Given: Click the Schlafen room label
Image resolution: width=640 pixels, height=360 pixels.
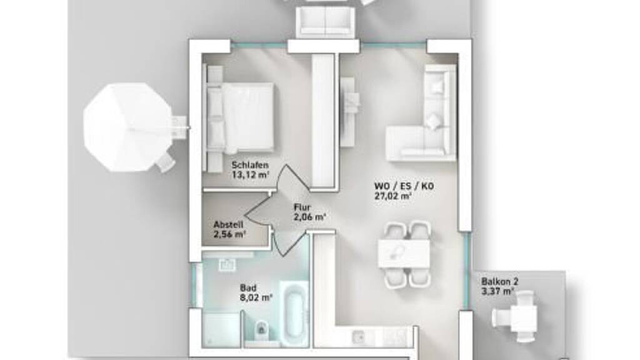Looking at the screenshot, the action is coord(250,165).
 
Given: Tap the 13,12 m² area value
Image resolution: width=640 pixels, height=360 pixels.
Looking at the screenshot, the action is coord(251,175).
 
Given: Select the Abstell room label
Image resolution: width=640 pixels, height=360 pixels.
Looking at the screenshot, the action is coord(228,224).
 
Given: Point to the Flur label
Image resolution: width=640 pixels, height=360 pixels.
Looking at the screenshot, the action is coord(302,207).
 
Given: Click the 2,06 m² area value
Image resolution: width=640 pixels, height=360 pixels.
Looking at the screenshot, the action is coord(309,217).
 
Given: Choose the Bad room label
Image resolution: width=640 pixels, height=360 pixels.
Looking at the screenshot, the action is coord(248,288).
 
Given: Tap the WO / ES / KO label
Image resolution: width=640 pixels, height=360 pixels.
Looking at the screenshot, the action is coord(404,186).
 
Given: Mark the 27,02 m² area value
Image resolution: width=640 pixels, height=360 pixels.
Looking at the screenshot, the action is coord(392,196).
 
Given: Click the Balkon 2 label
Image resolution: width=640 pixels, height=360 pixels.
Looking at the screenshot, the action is coord(499,282).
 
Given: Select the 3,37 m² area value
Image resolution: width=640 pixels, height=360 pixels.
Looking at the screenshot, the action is coord(497,291).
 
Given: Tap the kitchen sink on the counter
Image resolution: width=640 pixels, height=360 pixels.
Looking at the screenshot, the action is coord(359,337).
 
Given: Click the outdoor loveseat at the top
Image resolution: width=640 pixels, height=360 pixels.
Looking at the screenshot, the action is coord(325,22).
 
